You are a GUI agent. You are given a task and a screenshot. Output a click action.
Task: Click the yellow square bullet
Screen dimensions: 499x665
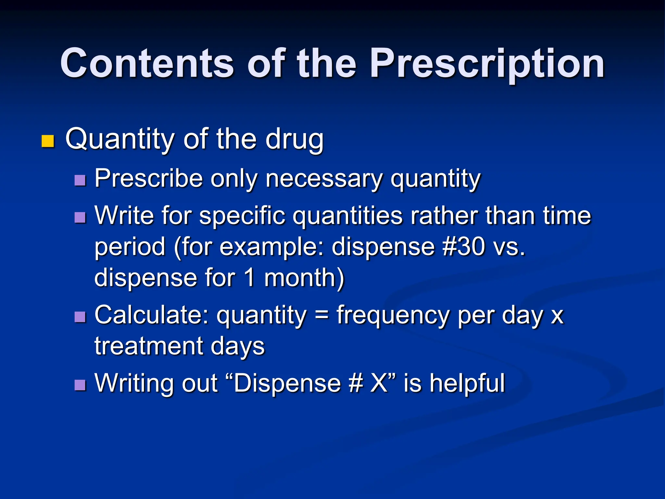coord(48,141)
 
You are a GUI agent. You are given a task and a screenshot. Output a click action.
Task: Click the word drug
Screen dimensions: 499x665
coord(295,140)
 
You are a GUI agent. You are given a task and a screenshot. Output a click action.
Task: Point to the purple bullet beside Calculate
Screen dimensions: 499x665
coord(80,317)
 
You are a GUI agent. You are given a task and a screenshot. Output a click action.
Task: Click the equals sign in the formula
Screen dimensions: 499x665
coord(321,315)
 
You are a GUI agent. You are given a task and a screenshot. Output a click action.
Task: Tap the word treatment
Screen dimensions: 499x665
coord(148,346)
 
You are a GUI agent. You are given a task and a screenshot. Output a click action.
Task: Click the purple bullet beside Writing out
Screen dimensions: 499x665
coord(80,385)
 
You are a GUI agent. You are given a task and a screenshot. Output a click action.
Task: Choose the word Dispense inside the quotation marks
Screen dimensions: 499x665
coord(287,383)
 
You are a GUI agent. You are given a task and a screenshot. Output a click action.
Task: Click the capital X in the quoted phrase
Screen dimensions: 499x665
coord(379,383)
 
